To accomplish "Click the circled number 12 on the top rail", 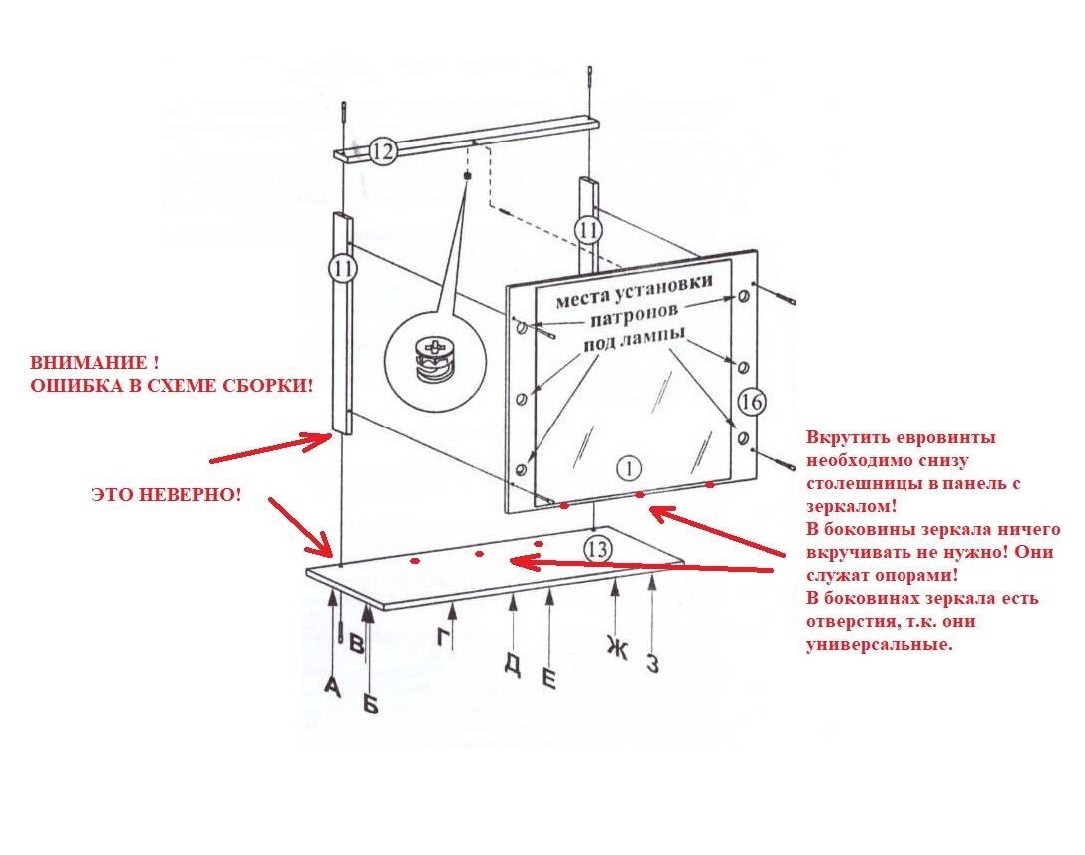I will coord(383,151).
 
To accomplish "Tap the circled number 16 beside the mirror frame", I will coord(753,402).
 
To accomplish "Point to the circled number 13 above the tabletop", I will coord(598,547).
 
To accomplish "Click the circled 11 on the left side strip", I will coord(342,268).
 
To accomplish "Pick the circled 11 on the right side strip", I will coord(589,230).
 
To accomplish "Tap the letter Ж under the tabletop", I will coord(617,649).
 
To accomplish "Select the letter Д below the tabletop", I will coord(512,664).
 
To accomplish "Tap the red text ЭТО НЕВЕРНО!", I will coord(166,494).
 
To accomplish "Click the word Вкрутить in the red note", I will coord(846,437).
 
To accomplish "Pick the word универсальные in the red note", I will coord(879,645).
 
